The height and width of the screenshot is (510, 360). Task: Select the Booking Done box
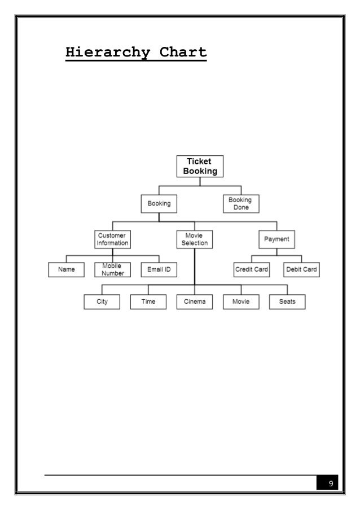tap(240, 203)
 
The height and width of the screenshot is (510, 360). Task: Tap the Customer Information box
tap(112, 239)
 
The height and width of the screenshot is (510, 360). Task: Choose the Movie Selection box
tap(195, 239)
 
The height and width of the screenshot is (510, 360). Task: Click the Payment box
tap(276, 239)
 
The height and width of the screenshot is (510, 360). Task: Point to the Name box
tap(67, 270)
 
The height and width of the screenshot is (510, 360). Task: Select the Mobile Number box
tap(112, 270)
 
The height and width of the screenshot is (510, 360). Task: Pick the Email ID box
tap(159, 270)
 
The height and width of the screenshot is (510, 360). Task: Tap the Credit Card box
tap(252, 270)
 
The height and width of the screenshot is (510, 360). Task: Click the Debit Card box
tap(301, 270)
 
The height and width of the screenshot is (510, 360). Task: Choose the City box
tap(102, 302)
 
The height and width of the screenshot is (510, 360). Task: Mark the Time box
tap(148, 302)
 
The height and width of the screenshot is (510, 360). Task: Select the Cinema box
tap(195, 302)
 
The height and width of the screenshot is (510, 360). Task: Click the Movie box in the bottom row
tap(240, 302)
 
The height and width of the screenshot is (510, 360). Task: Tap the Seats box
tap(287, 302)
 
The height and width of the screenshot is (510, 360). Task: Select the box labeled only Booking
tap(159, 203)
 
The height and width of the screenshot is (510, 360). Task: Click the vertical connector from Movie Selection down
tap(195, 265)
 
